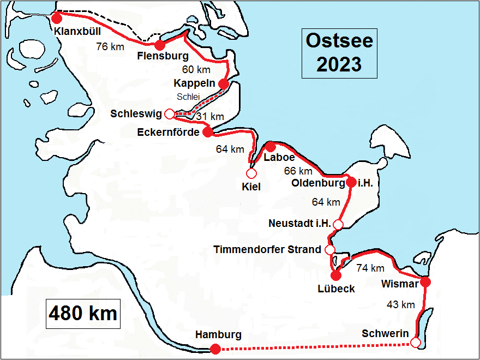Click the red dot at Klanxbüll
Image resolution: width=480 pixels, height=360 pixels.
click(x=57, y=18)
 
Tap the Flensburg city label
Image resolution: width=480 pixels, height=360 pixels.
click(x=163, y=56)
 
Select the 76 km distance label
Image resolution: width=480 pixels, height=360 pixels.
click(x=110, y=47)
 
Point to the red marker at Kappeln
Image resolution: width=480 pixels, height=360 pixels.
click(x=223, y=83)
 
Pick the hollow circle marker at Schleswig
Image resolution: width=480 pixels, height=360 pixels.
click(x=169, y=113)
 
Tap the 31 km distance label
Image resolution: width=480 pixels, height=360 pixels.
click(x=209, y=116)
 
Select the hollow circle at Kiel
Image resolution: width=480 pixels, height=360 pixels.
click(x=251, y=173)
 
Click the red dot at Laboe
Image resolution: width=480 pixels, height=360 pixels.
click(x=270, y=146)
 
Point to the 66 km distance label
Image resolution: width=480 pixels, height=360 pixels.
click(x=298, y=171)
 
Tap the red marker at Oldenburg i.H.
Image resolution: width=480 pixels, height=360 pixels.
click(x=351, y=183)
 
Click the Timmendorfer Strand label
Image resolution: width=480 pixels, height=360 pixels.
click(x=267, y=250)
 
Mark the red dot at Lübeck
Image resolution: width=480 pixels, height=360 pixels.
click(x=336, y=275)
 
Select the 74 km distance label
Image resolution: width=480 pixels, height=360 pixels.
click(x=370, y=268)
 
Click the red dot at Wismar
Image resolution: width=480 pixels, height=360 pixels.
click(x=425, y=282)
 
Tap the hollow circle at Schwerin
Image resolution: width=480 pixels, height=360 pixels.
click(x=415, y=343)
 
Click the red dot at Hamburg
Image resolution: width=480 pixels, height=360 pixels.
click(x=215, y=349)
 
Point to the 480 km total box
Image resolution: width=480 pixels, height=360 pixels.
click(x=83, y=314)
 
